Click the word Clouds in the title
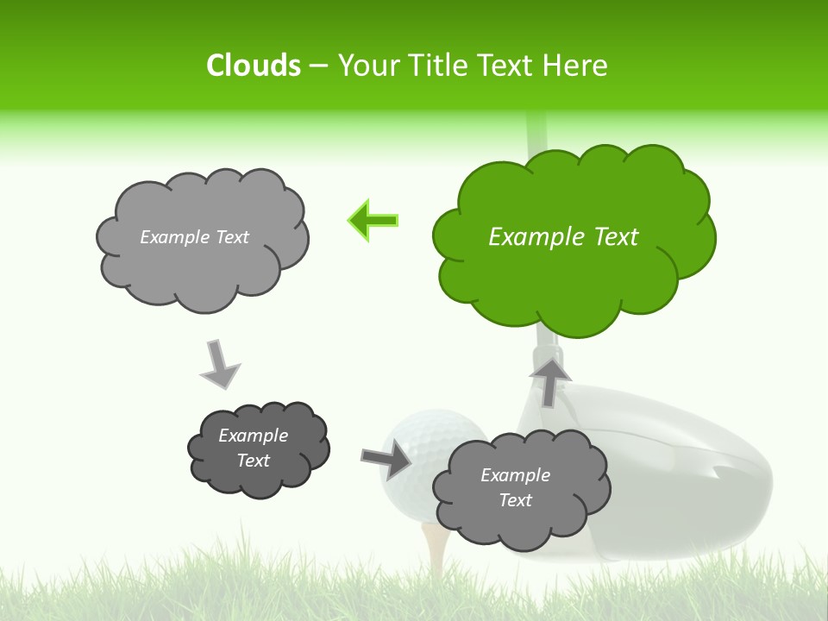click(x=253, y=66)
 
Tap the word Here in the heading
click(x=576, y=66)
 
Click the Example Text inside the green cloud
click(x=563, y=237)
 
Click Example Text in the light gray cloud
click(x=194, y=237)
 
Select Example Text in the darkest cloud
click(x=253, y=448)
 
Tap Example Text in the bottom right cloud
click(x=515, y=487)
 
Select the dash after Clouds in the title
click(x=318, y=66)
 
